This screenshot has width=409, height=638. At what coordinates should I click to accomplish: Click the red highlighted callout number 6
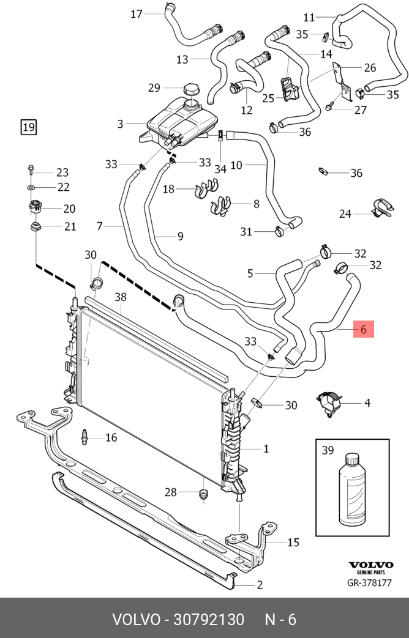tap(363, 328)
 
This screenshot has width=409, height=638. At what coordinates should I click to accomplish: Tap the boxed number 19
tap(29, 127)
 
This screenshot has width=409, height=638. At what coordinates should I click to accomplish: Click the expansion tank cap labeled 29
tap(190, 89)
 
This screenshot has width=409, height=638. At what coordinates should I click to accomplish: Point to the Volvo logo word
tap(371, 565)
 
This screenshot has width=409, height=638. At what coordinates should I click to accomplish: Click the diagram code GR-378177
tap(369, 583)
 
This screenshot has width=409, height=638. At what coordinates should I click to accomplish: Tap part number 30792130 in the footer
tap(209, 619)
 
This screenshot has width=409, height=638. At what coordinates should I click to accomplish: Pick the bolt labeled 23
tap(31, 171)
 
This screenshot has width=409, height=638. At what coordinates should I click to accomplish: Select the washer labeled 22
tap(31, 187)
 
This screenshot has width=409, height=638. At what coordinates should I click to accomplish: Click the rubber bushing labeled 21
tap(37, 226)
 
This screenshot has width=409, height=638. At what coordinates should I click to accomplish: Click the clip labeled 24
tap(383, 207)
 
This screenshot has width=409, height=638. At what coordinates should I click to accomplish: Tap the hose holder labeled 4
tap(329, 404)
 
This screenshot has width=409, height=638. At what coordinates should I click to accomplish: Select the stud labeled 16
tap(84, 437)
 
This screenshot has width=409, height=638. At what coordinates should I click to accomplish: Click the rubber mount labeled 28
tap(204, 494)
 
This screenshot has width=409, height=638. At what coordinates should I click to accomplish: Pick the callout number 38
tap(121, 297)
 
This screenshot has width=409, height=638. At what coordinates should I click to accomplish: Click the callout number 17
tap(137, 14)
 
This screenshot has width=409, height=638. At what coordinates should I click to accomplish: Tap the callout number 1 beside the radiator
tap(266, 449)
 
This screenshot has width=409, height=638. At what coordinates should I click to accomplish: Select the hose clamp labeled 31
tap(279, 232)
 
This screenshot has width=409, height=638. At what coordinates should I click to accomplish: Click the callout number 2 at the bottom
tap(260, 585)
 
